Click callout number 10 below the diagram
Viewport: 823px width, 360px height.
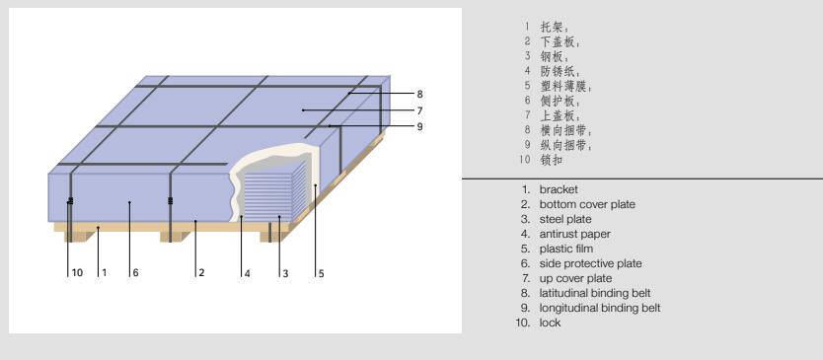[x=77, y=273]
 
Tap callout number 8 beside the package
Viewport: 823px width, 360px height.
[x=420, y=94]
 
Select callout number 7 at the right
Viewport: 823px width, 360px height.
[x=420, y=110]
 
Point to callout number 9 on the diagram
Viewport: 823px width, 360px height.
[x=420, y=126]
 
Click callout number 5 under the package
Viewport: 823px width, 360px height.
[x=322, y=273]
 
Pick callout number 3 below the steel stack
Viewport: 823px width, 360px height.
[x=285, y=273]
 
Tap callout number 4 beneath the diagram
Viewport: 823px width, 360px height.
[x=248, y=273]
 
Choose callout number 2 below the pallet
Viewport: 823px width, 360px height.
[x=201, y=273]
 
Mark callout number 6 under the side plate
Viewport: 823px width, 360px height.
[x=135, y=273]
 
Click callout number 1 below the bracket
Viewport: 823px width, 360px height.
[x=105, y=273]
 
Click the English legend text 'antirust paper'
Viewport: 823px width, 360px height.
[x=574, y=234]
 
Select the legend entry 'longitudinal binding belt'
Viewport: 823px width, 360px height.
[x=599, y=308]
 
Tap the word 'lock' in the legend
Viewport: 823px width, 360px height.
[x=550, y=323]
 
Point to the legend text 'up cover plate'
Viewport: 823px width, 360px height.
[x=575, y=279]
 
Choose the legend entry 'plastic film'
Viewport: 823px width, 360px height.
[x=565, y=249]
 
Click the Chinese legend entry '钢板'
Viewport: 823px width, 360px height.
[x=553, y=56]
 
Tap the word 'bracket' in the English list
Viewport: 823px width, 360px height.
[x=559, y=189]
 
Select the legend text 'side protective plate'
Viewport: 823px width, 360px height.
[x=590, y=263]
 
